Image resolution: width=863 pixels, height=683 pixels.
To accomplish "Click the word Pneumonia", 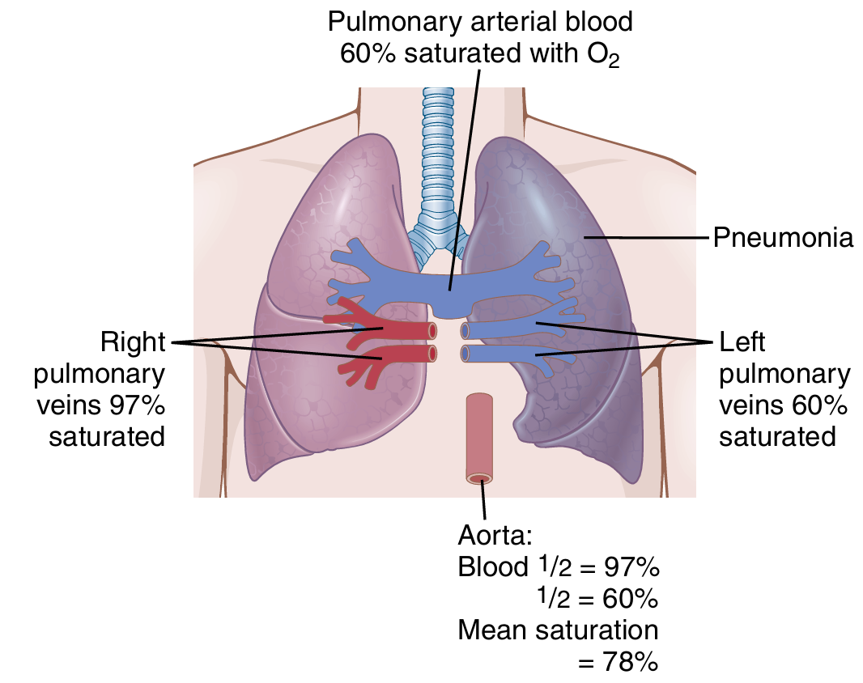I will pyautogui.click(x=783, y=239).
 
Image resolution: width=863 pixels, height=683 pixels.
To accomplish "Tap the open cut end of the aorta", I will pyautogui.click(x=479, y=478).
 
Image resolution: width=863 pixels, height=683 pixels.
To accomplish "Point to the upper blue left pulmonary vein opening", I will pyautogui.click(x=465, y=330).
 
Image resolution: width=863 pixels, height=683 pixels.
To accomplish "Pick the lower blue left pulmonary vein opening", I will pyautogui.click(x=465, y=353).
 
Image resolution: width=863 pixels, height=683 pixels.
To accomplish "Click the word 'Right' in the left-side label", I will pyautogui.click(x=133, y=342).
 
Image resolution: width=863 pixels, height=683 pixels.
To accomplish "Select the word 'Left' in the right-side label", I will pyautogui.click(x=742, y=342).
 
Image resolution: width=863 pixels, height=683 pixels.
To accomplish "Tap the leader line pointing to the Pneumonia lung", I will pyautogui.click(x=648, y=238).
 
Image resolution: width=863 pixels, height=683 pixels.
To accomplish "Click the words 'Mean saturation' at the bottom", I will pyautogui.click(x=558, y=630).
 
